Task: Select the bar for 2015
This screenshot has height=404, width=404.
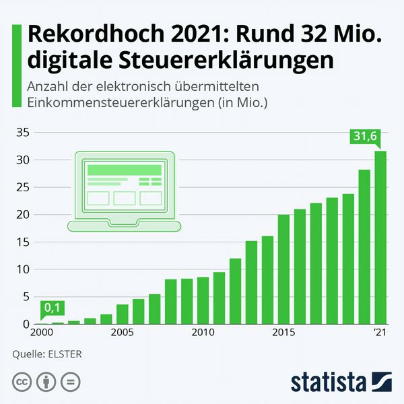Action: click(283, 269)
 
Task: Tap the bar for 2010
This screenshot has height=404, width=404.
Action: click(203, 300)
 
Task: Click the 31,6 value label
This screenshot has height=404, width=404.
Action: click(366, 137)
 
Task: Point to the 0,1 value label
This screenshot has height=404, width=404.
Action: click(52, 308)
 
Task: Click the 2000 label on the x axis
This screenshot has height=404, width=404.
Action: click(41, 333)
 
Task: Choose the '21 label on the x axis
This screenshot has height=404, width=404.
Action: click(380, 333)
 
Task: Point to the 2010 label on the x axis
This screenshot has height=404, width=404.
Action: click(203, 333)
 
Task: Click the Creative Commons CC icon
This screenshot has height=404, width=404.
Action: click(22, 383)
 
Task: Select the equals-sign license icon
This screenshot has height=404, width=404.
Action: click(70, 383)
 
